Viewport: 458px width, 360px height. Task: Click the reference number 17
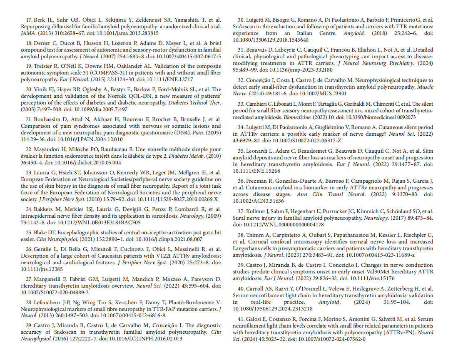click(29, 20)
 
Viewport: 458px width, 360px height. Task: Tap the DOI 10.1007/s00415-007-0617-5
click(185, 56)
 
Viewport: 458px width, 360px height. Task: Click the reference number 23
click(29, 172)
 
